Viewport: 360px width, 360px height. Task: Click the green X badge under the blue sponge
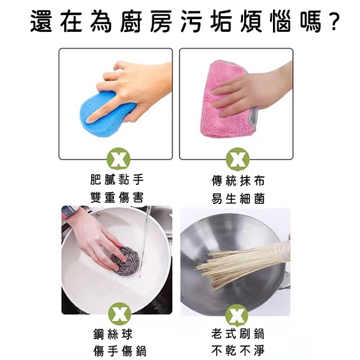[x=119, y=160]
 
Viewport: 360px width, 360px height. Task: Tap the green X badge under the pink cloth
[x=238, y=160]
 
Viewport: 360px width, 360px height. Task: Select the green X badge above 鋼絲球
[x=119, y=314]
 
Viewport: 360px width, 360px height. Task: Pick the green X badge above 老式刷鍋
[x=237, y=316]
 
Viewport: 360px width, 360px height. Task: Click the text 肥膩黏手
[x=117, y=179]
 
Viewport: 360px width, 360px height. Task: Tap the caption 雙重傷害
[x=117, y=197]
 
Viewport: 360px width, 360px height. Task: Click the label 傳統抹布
[x=238, y=181]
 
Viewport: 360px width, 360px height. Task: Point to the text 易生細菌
[x=238, y=199]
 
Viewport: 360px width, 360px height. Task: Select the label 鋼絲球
[x=113, y=334]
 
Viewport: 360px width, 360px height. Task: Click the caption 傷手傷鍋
[x=120, y=351]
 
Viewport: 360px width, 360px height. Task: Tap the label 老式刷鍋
[x=238, y=334]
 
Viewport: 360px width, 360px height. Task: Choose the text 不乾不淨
[x=238, y=350]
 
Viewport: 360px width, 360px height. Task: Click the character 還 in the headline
[x=41, y=21]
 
